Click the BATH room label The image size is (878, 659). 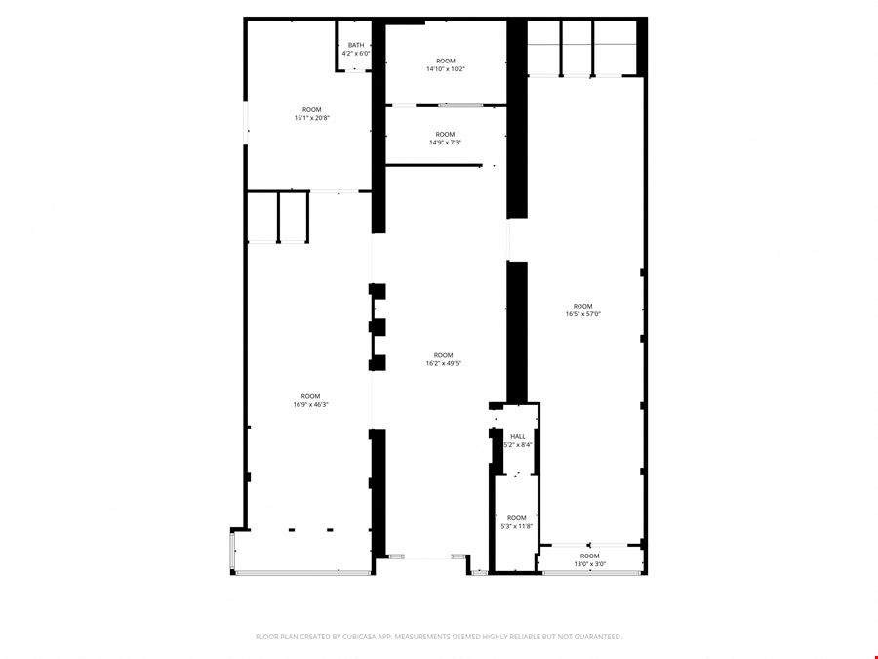356,45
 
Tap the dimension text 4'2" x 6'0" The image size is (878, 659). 356,54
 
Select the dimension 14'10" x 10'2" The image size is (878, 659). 446,69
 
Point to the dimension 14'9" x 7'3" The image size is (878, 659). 445,143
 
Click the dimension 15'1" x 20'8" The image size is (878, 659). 312,118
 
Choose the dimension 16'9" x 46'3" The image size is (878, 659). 311,404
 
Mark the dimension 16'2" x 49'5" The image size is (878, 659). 444,363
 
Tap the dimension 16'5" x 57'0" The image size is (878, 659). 583,314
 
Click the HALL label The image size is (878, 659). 518,437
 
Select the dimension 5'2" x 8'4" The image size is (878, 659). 518,445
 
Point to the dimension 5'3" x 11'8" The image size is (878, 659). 517,526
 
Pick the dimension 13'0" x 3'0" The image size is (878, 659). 589,564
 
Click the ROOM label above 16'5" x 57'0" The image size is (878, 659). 583,306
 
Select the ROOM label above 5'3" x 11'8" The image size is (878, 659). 517,518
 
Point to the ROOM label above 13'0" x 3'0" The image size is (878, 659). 589,556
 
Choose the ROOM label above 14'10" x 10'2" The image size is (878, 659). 446,61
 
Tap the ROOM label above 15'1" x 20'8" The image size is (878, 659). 312,109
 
